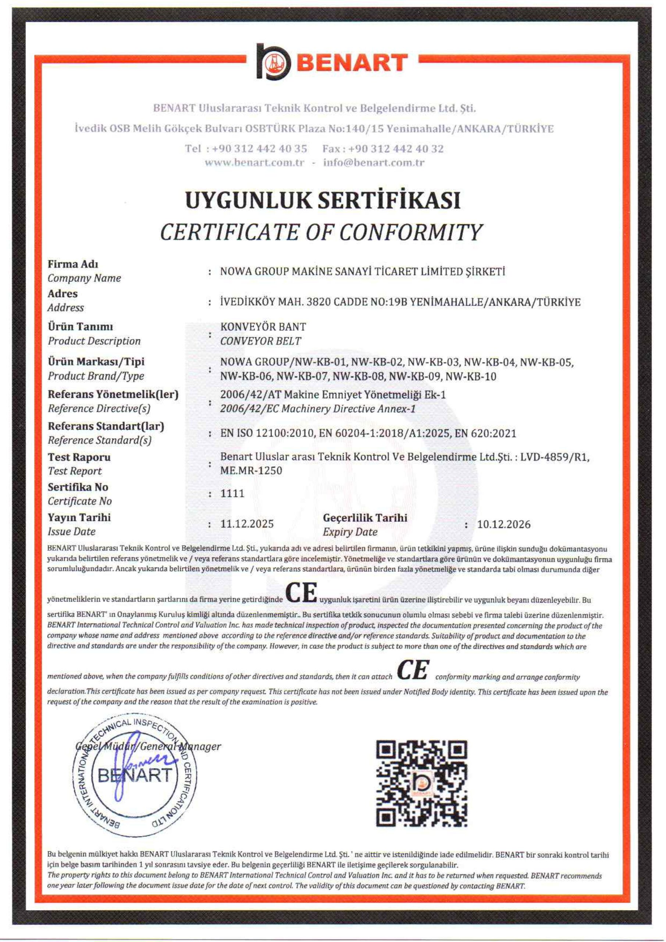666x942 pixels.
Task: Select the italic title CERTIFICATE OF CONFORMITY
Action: [x=321, y=232]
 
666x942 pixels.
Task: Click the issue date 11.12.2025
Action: [x=247, y=524]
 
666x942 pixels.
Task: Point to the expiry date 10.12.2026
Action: [x=503, y=524]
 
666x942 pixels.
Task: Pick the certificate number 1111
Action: [x=232, y=493]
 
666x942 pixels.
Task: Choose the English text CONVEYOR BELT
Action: [x=261, y=341]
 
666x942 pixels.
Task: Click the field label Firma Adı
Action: [x=73, y=264]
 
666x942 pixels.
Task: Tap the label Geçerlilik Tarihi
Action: [x=365, y=518]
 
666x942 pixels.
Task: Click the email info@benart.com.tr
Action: [x=374, y=163]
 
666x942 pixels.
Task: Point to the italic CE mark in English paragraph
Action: [x=413, y=670]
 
